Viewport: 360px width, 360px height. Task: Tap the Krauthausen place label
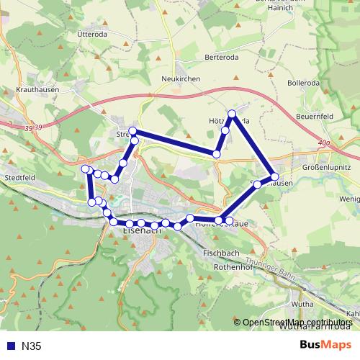(34, 91)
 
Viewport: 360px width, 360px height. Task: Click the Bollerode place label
(302, 83)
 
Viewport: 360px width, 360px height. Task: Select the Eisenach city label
(142, 230)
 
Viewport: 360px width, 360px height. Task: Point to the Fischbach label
(218, 253)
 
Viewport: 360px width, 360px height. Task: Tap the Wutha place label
(302, 304)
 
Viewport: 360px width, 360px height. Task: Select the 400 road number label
(323, 143)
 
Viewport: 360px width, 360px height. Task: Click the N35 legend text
(32, 346)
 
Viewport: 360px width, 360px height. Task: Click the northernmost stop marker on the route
(232, 114)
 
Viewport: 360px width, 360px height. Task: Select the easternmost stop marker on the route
(274, 176)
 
